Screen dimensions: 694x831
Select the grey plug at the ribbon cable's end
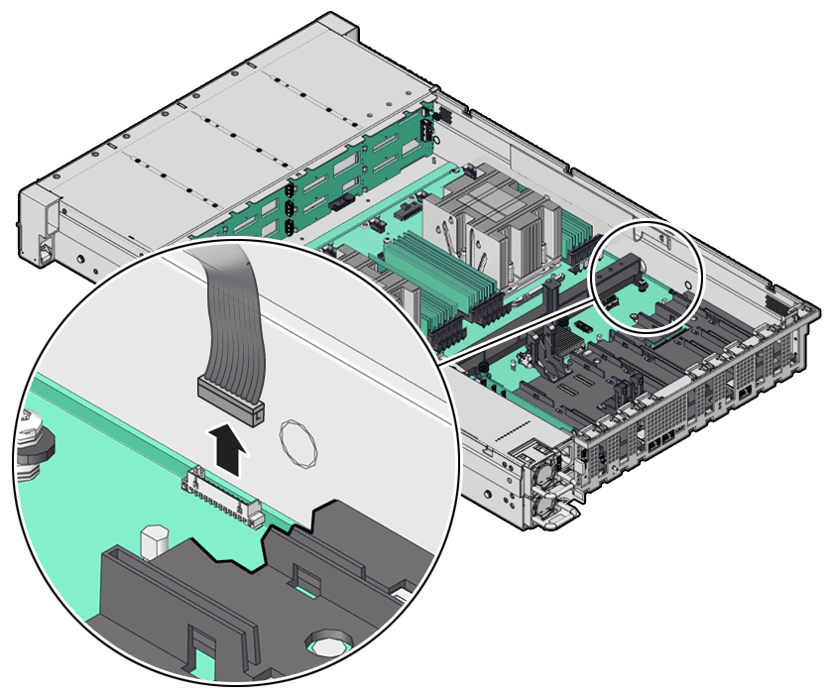coord(231,394)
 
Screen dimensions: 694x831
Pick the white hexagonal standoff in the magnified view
coord(152,541)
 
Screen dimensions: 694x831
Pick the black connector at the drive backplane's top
coord(425,129)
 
